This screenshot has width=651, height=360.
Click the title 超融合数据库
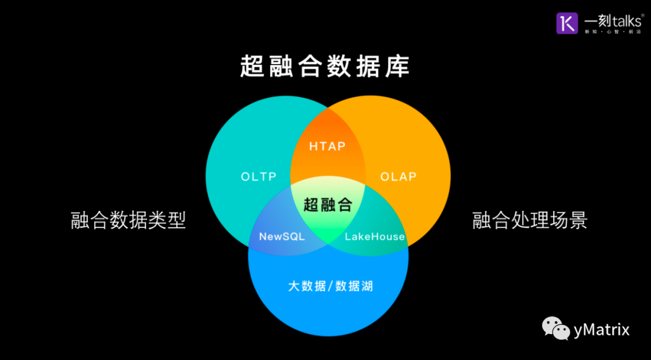[325, 67]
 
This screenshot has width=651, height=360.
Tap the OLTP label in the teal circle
[259, 177]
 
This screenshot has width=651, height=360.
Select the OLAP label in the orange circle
[398, 177]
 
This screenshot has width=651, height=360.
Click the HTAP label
[327, 146]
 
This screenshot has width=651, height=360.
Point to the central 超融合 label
[327, 204]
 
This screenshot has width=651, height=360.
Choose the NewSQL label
[282, 236]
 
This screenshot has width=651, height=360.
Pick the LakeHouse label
[374, 236]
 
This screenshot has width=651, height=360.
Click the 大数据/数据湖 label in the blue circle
[330, 286]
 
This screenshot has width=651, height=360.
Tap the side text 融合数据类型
[128, 220]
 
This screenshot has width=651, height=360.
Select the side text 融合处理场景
[530, 220]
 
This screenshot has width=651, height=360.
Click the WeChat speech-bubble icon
[556, 329]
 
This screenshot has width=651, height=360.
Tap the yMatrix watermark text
[601, 330]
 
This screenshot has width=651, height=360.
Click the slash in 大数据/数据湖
[330, 286]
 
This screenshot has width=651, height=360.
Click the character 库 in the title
[398, 67]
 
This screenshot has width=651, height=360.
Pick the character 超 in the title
[253, 67]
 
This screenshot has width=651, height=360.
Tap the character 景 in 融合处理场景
[578, 220]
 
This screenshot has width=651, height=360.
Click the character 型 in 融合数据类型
[177, 220]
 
